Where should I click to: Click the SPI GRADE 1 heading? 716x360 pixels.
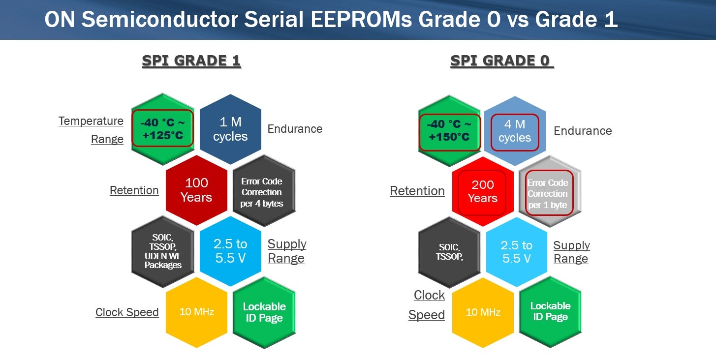[191, 60]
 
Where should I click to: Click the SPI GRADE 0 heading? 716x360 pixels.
[502, 60]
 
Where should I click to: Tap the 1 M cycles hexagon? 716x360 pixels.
[230, 129]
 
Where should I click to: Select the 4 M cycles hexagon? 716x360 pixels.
[515, 131]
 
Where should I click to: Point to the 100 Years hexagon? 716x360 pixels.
[196, 190]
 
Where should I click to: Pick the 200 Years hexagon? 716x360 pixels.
[483, 191]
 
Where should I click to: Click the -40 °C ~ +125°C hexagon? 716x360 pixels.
[163, 129]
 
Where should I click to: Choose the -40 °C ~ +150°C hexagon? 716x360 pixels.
[449, 131]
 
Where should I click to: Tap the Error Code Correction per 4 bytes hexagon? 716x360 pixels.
[264, 191]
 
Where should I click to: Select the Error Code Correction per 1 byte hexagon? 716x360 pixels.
[550, 192]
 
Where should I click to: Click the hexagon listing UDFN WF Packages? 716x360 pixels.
[163, 251]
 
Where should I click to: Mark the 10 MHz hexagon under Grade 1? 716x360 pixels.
[196, 312]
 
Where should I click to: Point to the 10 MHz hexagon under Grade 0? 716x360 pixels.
[483, 312]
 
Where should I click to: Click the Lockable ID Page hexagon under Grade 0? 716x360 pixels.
[550, 312]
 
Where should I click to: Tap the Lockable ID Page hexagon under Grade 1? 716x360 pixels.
[264, 312]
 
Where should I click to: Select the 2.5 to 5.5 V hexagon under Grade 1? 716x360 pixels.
[230, 251]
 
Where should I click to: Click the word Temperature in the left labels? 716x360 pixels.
[91, 121]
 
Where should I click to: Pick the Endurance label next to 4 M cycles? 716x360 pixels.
[583, 131]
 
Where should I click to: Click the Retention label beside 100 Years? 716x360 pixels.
[134, 190]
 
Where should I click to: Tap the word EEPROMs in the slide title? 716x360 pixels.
[361, 19]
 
